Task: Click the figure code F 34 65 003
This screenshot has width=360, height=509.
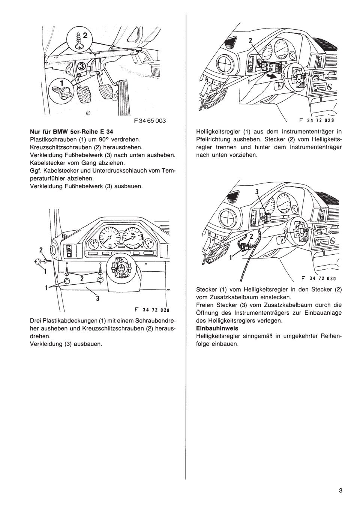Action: (x=149, y=121)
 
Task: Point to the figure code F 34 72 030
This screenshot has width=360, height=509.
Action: (x=317, y=279)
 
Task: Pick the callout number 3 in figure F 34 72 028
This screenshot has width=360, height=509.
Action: (x=97, y=299)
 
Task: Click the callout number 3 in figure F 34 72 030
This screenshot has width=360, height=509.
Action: (x=257, y=192)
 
